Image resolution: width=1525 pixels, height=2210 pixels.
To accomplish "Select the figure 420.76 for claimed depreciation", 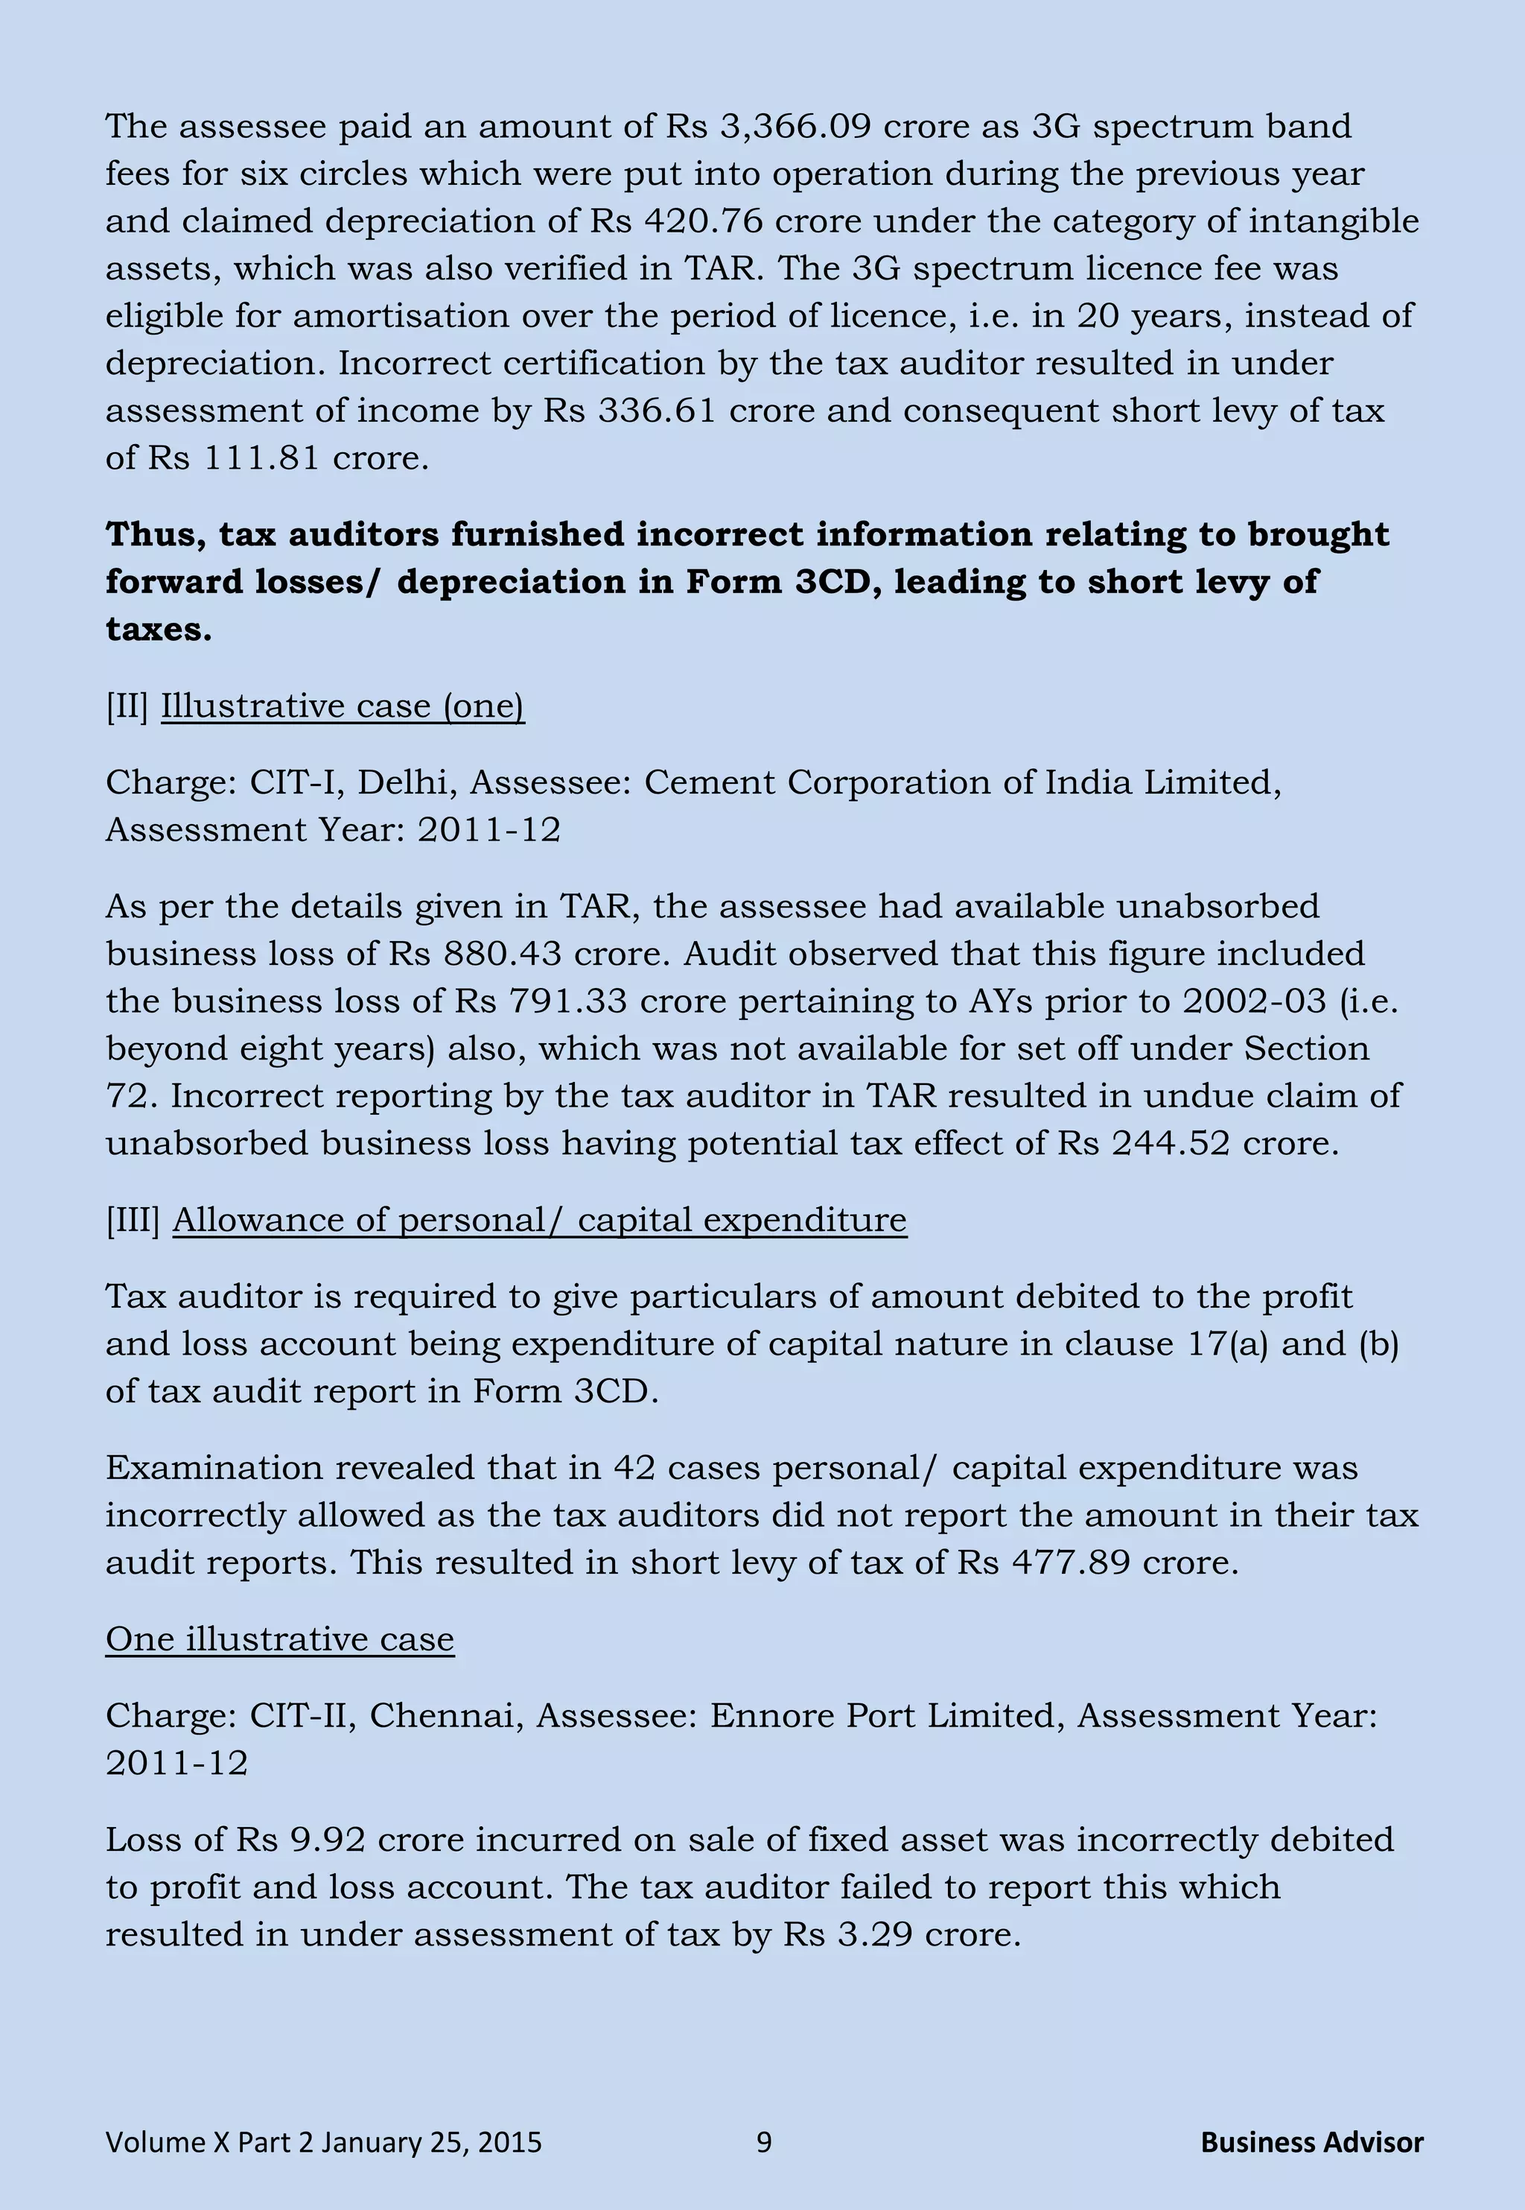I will pyautogui.click(x=704, y=221).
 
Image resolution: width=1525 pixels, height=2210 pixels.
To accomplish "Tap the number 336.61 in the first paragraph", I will pyautogui.click(x=658, y=410).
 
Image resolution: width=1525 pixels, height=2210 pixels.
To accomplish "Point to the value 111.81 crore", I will pyautogui.click(x=261, y=457).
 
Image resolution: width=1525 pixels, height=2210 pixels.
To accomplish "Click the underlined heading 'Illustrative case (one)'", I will pyautogui.click(x=342, y=706).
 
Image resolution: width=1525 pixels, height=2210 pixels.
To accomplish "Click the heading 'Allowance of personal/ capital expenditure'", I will pyautogui.click(x=539, y=1220).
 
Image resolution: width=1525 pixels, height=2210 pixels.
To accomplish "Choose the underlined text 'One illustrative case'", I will pyautogui.click(x=279, y=1638).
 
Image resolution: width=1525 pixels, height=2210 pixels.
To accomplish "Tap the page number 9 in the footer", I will pyautogui.click(x=763, y=2142).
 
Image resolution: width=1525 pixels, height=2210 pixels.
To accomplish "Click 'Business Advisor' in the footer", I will pyautogui.click(x=1311, y=2142).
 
